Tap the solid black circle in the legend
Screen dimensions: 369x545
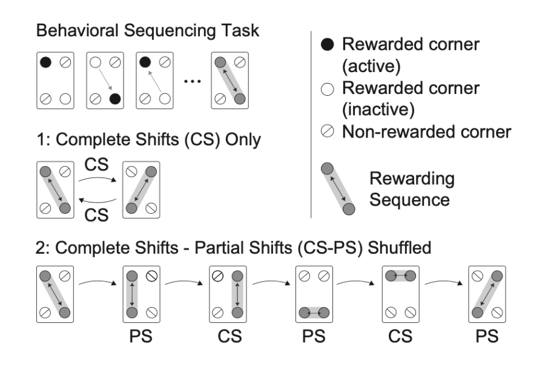pos(327,44)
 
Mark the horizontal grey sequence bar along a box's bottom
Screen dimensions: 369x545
pos(312,312)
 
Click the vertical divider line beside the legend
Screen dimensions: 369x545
pos(311,121)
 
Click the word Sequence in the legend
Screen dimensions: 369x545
pos(412,199)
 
